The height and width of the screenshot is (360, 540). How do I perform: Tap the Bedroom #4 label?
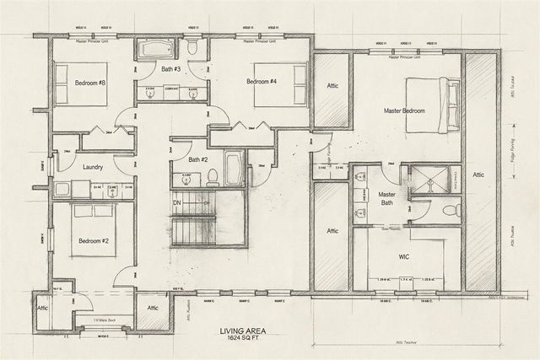[x=262, y=82]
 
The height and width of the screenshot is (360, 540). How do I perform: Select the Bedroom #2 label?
[x=92, y=241]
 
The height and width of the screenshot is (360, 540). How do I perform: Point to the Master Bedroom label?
[x=403, y=110]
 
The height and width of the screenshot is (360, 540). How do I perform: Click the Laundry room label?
[x=93, y=167]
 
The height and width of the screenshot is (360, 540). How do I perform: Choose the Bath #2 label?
[x=198, y=159]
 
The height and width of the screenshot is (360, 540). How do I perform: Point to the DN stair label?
[x=178, y=202]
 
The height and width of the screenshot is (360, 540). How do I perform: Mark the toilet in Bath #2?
[x=212, y=178]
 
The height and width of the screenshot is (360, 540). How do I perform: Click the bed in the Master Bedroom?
[x=434, y=105]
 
